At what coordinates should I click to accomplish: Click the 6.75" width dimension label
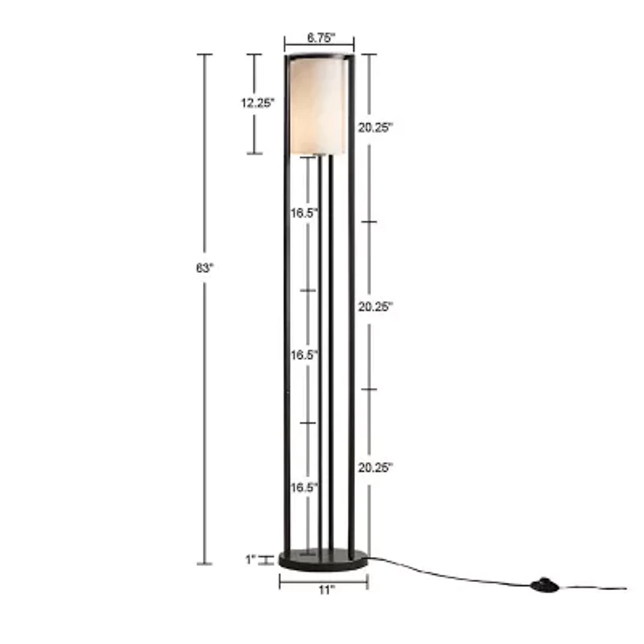click(x=319, y=37)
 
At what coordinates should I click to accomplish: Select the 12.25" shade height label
click(x=257, y=102)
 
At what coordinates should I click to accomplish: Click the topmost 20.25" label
click(x=375, y=127)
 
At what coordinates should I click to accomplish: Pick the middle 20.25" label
click(x=375, y=306)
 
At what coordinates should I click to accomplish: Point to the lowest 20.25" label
click(x=375, y=468)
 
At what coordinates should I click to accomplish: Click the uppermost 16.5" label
click(x=304, y=213)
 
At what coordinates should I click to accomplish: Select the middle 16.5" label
click(x=304, y=354)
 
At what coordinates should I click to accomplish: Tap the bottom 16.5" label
click(x=304, y=487)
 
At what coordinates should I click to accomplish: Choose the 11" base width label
click(x=324, y=590)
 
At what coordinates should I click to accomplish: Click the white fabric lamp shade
click(x=317, y=105)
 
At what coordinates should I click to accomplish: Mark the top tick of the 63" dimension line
click(x=205, y=55)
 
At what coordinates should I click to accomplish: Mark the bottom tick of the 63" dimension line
click(x=205, y=563)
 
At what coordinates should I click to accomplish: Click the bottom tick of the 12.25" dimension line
click(x=254, y=153)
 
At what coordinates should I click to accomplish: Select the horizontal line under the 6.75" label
click(x=319, y=47)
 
